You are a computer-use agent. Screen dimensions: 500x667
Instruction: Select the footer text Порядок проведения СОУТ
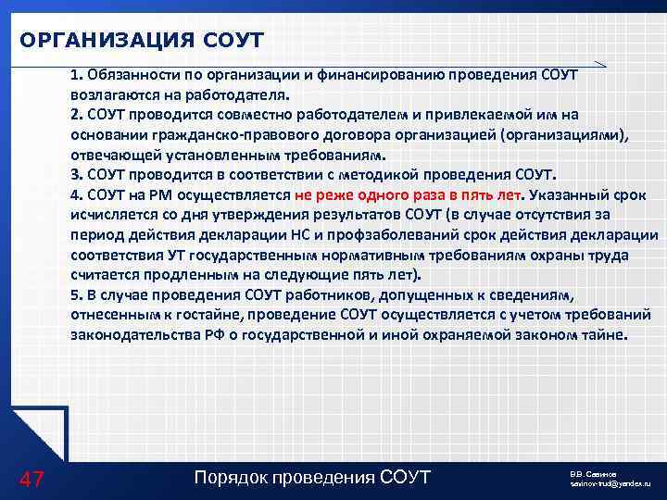(x=312, y=478)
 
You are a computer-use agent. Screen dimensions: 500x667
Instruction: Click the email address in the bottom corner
(x=610, y=484)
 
